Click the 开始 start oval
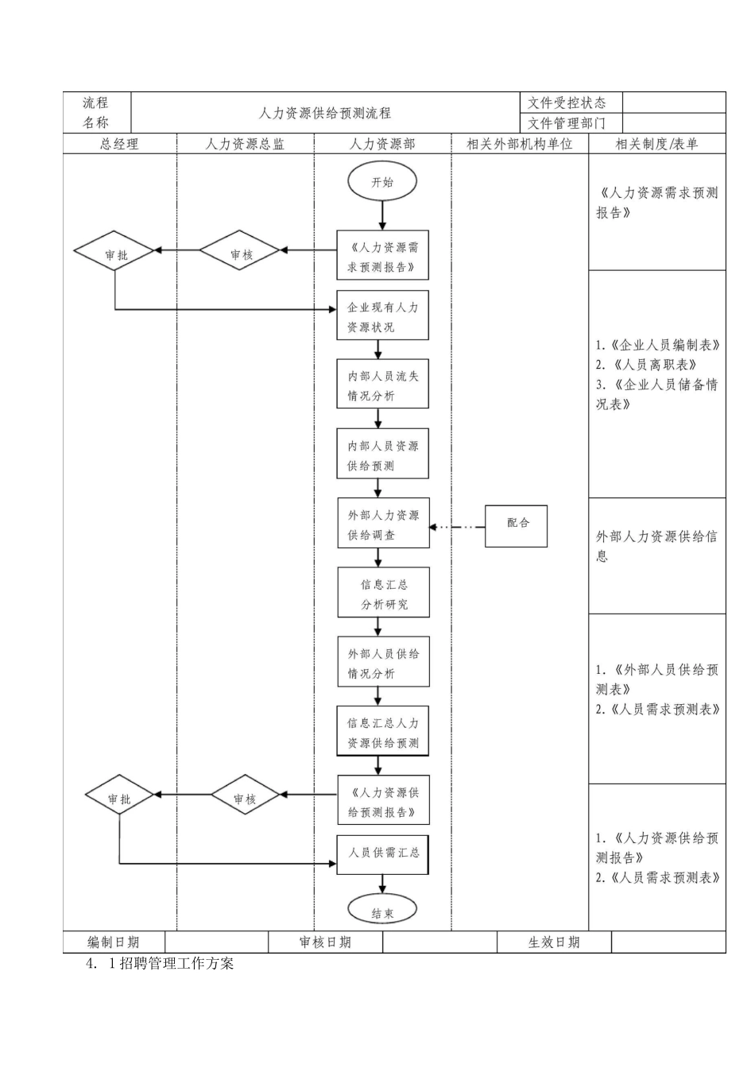coord(382,182)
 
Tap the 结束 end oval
coord(382,912)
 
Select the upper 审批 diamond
coord(116,254)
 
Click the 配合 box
coord(517,524)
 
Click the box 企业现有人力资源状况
coord(382,316)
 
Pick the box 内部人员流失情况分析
coord(382,385)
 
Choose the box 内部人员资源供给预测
coord(382,455)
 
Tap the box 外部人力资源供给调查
coord(382,524)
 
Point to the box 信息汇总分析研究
coord(383,594)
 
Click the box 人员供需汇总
coord(382,853)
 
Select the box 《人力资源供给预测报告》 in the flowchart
coord(383,802)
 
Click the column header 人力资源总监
coord(245,144)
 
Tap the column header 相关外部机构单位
coord(520,144)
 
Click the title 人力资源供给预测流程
coord(325,113)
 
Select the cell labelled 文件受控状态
coord(567,103)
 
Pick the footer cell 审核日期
coord(325,942)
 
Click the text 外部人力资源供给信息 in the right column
coord(656,546)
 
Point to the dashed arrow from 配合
coord(458,527)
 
